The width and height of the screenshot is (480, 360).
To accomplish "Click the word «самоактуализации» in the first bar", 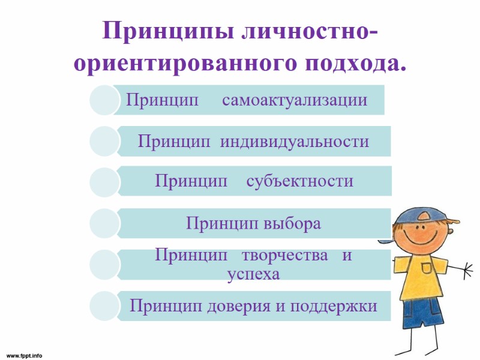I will (x=295, y=100).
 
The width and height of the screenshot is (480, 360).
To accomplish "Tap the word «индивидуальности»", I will (x=294, y=142).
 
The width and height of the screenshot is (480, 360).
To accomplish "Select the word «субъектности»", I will (x=299, y=181).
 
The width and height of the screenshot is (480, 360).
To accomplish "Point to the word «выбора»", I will (x=292, y=224).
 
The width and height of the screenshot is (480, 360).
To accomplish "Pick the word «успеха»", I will (x=253, y=274).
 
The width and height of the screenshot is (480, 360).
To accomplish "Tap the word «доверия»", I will (x=239, y=307).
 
